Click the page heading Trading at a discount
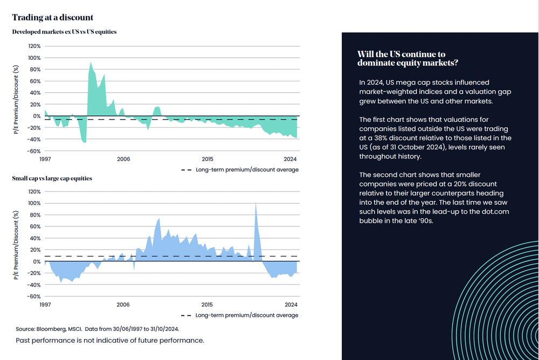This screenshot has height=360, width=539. (52, 18)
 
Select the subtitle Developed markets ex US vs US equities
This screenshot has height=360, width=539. (64, 32)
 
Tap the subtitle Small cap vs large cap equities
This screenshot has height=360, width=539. (52, 178)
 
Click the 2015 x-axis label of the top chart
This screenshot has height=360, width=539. (207, 159)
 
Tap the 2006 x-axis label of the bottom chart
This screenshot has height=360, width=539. (123, 304)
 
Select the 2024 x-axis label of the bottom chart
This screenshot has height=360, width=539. (291, 304)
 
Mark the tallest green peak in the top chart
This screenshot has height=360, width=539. (91, 63)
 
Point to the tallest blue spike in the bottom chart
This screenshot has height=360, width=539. (255, 204)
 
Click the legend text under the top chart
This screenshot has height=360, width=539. (247, 169)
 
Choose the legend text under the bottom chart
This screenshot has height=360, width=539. (247, 315)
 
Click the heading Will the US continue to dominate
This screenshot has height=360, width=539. (408, 58)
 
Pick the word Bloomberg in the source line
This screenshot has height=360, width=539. (54, 328)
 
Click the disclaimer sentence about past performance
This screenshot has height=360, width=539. (110, 341)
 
